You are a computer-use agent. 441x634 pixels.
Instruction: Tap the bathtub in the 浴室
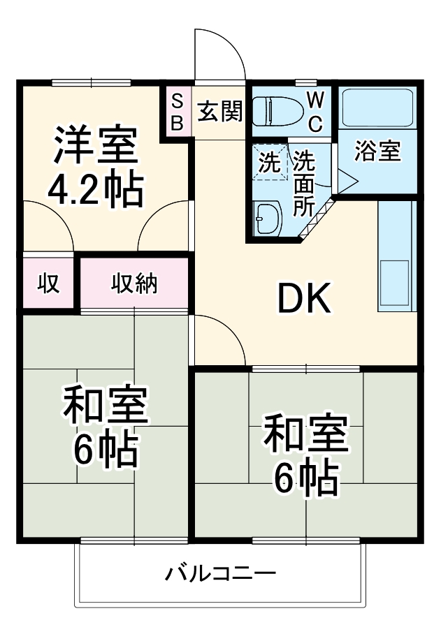pyautogui.click(x=377, y=108)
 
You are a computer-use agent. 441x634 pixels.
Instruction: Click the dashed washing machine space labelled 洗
pyautogui.click(x=270, y=162)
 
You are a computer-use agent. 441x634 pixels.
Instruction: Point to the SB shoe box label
pyautogui.click(x=177, y=111)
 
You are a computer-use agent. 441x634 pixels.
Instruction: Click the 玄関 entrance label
pyautogui.click(x=219, y=111)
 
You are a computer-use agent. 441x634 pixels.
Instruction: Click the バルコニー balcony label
pyautogui.click(x=220, y=575)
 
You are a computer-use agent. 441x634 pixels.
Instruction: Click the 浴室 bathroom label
pyautogui.click(x=377, y=152)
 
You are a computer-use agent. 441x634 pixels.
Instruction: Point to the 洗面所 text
pyautogui.click(x=304, y=183)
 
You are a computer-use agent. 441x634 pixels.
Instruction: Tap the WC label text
pyautogui.click(x=315, y=111)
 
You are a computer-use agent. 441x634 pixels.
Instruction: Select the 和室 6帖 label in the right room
pyautogui.click(x=305, y=454)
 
